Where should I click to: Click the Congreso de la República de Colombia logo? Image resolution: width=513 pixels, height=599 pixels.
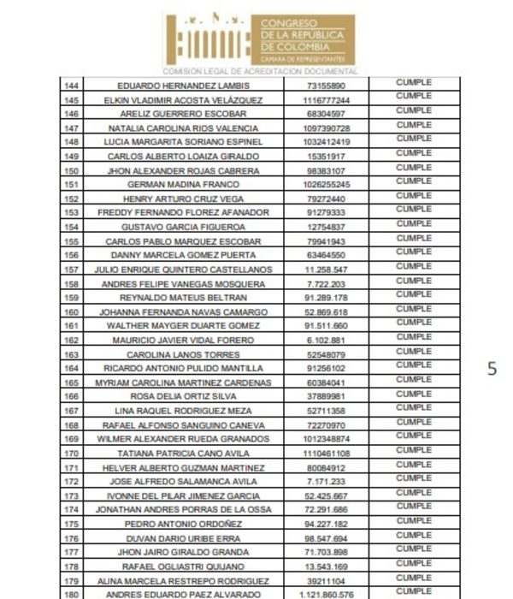click(259, 39)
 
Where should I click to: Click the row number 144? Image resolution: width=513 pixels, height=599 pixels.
click(72, 86)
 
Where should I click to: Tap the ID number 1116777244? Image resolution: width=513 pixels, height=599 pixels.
click(326, 100)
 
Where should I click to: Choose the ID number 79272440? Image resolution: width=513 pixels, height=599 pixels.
click(326, 199)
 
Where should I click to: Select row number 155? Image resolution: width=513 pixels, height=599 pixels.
click(72, 241)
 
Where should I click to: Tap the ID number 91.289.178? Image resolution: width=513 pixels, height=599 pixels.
click(326, 298)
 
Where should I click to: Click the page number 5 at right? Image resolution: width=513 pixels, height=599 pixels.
click(492, 370)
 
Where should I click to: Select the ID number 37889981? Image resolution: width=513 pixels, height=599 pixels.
click(326, 397)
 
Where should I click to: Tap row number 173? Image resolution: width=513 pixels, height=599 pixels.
click(72, 495)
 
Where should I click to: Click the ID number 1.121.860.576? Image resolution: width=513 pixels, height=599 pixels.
click(326, 594)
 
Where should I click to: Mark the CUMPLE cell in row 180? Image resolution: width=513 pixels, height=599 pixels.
click(414, 591)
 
